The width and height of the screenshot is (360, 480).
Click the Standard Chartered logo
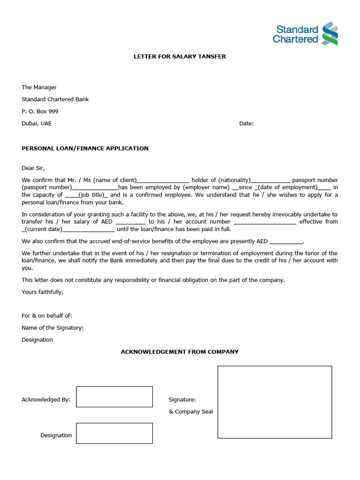305,34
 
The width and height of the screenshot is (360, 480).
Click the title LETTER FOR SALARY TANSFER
180,56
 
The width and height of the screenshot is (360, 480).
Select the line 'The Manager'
39,87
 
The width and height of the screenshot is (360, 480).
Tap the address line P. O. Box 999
40,112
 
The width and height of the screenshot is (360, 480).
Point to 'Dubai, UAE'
37,124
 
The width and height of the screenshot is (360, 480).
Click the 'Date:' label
246,124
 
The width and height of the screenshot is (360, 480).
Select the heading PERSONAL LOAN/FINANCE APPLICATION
85,149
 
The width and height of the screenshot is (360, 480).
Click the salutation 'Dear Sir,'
33,168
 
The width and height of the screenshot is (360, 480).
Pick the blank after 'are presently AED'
286,242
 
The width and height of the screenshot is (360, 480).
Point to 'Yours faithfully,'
42,292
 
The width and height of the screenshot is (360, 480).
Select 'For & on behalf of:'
47,316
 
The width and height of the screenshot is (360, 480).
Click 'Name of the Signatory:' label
52,328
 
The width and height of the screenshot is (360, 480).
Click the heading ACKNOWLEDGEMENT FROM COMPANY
180,352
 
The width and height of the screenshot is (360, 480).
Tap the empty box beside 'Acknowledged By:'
114,397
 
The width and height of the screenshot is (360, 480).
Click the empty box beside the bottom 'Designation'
114,433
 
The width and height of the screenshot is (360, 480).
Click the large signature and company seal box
275,402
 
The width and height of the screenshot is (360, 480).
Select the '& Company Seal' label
191,412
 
